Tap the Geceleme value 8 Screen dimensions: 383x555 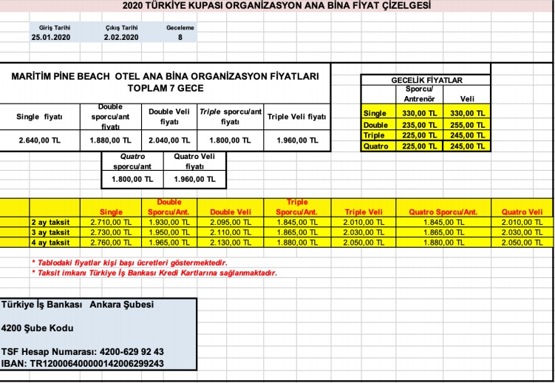(x=180, y=36)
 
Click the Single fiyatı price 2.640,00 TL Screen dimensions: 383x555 (x=39, y=140)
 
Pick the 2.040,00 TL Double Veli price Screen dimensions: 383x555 (x=169, y=140)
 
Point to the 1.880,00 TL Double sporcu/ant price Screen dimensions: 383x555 (x=111, y=140)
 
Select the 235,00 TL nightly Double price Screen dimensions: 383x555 (x=416, y=125)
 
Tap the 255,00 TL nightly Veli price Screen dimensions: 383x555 (x=467, y=125)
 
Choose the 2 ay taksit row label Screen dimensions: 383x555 (x=50, y=222)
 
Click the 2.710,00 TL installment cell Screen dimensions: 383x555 (x=111, y=222)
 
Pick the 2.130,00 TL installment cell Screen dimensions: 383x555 (x=233, y=243)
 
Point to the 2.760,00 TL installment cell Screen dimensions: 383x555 (x=111, y=243)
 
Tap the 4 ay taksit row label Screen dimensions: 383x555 (x=50, y=243)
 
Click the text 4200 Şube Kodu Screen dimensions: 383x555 (x=38, y=328)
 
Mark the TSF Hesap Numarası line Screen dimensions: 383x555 (x=83, y=352)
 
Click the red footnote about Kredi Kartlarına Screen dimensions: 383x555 (x=154, y=273)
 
